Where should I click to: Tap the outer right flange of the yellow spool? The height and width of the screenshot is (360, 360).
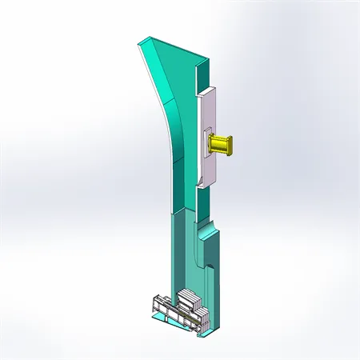click(230, 144)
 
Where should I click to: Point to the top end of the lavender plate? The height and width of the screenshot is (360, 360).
click(206, 90)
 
